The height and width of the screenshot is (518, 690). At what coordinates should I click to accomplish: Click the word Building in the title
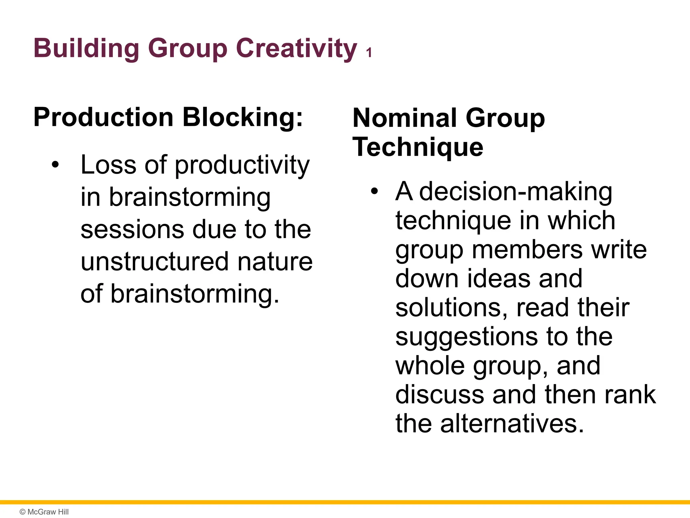pyautogui.click(x=86, y=48)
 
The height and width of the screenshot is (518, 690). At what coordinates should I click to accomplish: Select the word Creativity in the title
pyautogui.click(x=296, y=48)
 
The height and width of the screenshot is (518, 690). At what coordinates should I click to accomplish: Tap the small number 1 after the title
pyautogui.click(x=369, y=53)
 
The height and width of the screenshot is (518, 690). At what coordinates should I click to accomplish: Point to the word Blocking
pyautogui.click(x=243, y=117)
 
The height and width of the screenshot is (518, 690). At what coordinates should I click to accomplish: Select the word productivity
pyautogui.click(x=242, y=165)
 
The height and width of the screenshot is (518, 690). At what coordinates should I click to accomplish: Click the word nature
pyautogui.click(x=275, y=261)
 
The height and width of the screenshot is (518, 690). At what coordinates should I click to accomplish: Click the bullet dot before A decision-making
pyautogui.click(x=374, y=192)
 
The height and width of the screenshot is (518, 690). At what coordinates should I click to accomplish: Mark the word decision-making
pyautogui.click(x=515, y=192)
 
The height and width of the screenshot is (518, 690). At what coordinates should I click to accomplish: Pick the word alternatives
pyautogui.click(x=512, y=424)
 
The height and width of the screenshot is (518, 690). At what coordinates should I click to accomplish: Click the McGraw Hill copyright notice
pyautogui.click(x=44, y=512)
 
